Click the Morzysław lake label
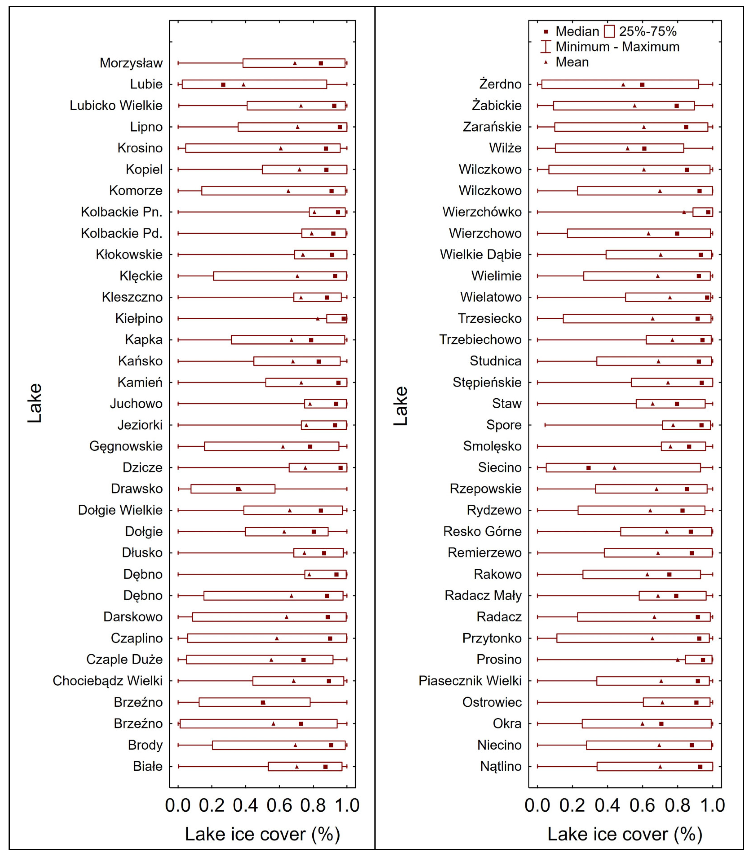[131, 63]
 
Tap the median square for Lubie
[223, 84]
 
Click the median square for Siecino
[588, 468]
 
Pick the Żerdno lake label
[500, 84]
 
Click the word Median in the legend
[577, 31]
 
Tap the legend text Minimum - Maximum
[617, 47]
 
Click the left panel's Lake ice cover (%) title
[262, 834]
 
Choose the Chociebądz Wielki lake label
[108, 681]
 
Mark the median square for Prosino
[703, 660]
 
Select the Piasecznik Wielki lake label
[470, 681]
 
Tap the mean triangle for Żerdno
[623, 84]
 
